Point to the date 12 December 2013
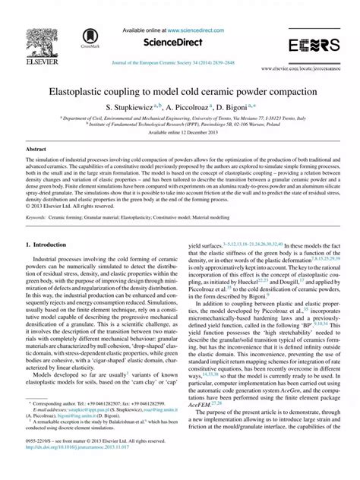pos(194,132)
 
